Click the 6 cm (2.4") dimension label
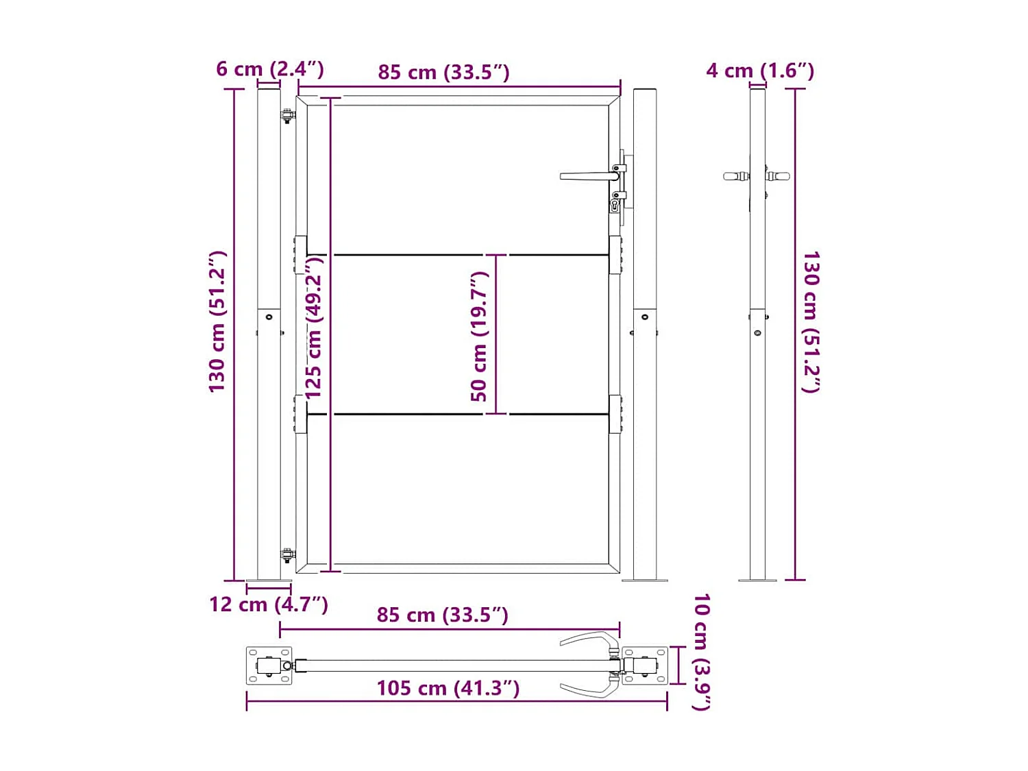pyautogui.click(x=269, y=69)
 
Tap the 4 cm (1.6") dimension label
pyautogui.click(x=760, y=71)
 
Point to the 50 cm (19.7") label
pyautogui.click(x=480, y=336)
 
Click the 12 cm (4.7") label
pyautogui.click(x=268, y=604)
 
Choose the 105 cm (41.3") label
pyautogui.click(x=448, y=688)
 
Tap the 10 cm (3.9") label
pyautogui.click(x=701, y=652)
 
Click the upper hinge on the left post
pyautogui.click(x=288, y=117)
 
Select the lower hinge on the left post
pyautogui.click(x=288, y=555)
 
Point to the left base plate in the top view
pyautogui.click(x=269, y=665)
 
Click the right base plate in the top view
pyautogui.click(x=645, y=665)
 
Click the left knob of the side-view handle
pyautogui.click(x=735, y=177)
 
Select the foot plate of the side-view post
pyautogui.click(x=757, y=580)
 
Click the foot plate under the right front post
pyautogui.click(x=644, y=580)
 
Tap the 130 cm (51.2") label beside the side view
pyautogui.click(x=811, y=322)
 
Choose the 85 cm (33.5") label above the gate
pyautogui.click(x=443, y=73)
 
